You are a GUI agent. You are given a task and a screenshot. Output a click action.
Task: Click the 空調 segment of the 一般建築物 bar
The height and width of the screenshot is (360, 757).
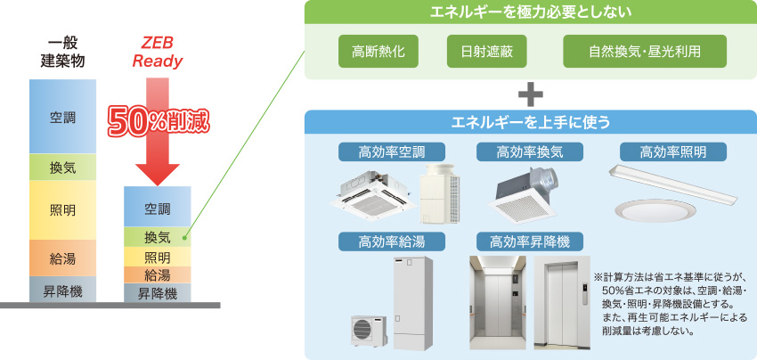(x=62, y=116)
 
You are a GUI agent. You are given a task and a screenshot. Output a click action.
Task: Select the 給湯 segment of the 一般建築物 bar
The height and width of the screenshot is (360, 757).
(x=62, y=258)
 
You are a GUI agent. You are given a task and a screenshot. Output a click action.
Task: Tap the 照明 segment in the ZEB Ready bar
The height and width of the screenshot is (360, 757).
(x=157, y=258)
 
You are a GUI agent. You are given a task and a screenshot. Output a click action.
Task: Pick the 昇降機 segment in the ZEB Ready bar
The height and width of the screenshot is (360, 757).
(x=157, y=292)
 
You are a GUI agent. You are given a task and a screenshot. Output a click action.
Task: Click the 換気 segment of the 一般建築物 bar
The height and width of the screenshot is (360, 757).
(x=62, y=167)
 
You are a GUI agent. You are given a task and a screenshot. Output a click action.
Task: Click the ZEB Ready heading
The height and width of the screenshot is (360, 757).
(x=158, y=51)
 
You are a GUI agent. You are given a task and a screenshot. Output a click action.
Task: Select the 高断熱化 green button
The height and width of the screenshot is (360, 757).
(x=372, y=51)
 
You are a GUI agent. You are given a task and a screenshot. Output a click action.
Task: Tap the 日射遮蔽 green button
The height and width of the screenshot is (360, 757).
(x=486, y=51)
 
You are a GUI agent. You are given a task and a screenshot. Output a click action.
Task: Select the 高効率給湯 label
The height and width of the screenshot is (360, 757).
(x=393, y=241)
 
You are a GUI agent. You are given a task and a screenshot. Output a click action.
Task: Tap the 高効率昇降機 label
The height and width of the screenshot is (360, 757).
(x=530, y=241)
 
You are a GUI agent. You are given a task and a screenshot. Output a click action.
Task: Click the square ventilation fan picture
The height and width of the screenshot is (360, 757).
(x=530, y=193)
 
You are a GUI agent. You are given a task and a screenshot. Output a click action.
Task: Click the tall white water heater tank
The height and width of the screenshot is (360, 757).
(x=411, y=303)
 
